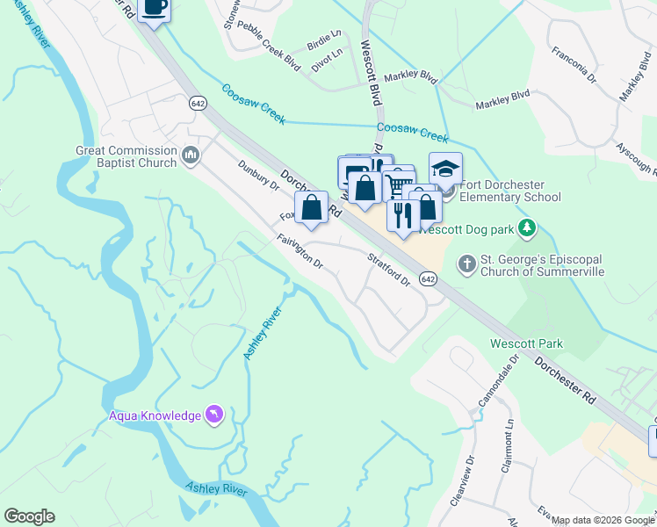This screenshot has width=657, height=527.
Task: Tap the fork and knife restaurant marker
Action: pos(403,215)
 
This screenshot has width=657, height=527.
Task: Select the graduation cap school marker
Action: pos(445,169)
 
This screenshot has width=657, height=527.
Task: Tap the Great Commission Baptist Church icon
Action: pos(191,156)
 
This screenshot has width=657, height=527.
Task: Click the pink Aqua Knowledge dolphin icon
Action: pos(214,414)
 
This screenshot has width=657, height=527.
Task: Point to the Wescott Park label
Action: pos(527,343)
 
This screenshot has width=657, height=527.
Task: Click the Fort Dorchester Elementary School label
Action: pos(509,191)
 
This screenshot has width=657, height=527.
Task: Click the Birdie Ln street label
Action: pos(323,41)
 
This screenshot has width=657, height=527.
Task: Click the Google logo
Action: pos(29,516)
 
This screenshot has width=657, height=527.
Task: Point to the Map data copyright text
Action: pos(603,520)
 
